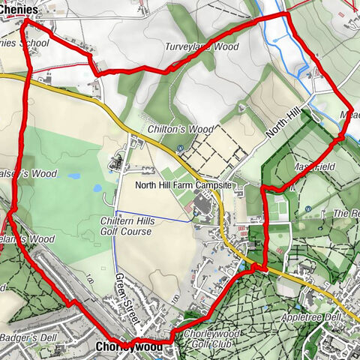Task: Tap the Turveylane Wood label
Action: [x=202, y=46]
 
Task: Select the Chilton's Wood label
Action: [x=170, y=129]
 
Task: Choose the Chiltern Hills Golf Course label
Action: [x=126, y=225]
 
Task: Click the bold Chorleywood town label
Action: [x=129, y=347]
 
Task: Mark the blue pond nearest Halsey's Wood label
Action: [x=73, y=177]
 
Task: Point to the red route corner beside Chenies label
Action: [x=27, y=22]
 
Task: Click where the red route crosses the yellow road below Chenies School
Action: [x=29, y=75]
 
